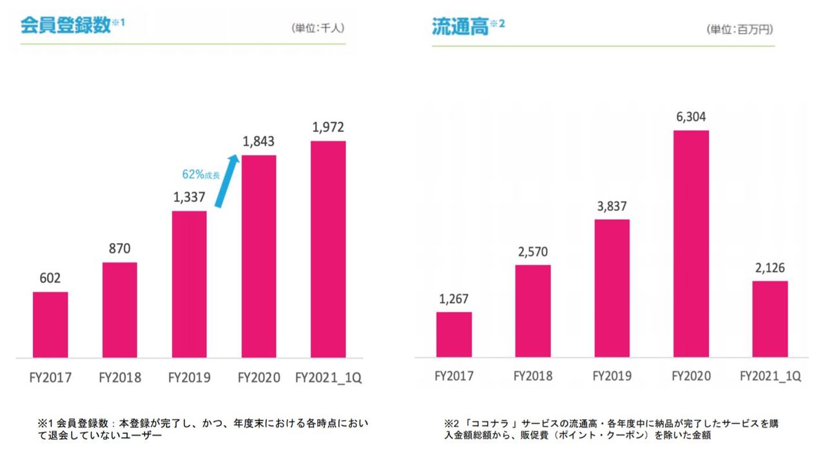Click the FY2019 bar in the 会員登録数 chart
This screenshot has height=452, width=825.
[x=189, y=284]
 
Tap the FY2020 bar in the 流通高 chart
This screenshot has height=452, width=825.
[x=691, y=244]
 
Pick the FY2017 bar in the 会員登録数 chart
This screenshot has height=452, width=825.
[x=50, y=324]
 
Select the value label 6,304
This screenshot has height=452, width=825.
[x=691, y=117]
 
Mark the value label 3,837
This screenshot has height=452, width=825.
[x=612, y=206]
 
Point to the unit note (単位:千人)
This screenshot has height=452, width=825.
[x=318, y=28]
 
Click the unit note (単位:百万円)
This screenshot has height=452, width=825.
[x=740, y=30]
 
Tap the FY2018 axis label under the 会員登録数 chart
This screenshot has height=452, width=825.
[x=119, y=377]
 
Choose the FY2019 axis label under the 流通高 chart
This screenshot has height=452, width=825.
[x=612, y=376]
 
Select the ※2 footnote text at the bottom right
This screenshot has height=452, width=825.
[x=611, y=429]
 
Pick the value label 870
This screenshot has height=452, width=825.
[x=119, y=250]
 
